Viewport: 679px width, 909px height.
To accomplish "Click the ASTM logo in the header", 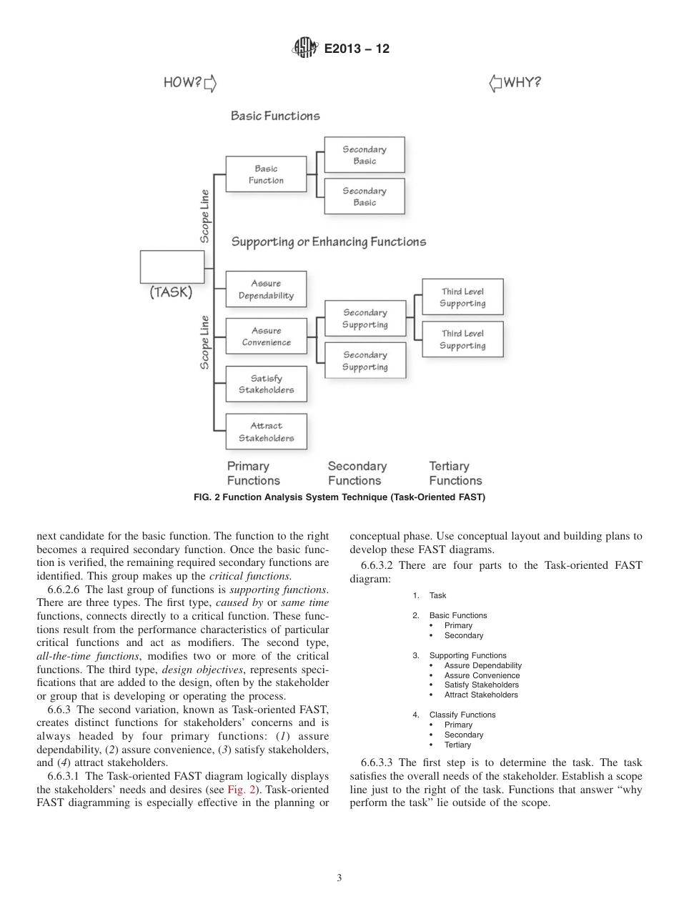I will click(x=305, y=49).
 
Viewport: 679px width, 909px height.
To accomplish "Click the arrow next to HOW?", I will click(x=210, y=84).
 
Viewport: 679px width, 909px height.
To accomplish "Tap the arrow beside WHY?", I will click(x=495, y=84).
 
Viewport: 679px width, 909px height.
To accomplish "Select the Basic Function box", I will click(x=266, y=174).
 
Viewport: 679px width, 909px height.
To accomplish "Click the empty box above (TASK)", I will click(x=172, y=267).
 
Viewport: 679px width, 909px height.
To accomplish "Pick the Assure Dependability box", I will click(x=266, y=289).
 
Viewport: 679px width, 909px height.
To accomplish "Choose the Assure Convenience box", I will click(x=266, y=337).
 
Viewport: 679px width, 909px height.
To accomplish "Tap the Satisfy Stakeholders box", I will click(x=266, y=384).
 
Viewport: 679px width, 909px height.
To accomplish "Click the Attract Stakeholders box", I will click(x=266, y=432).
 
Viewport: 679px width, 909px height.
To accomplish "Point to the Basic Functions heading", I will click(x=275, y=116).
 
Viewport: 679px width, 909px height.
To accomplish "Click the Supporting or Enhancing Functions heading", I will click(x=328, y=242).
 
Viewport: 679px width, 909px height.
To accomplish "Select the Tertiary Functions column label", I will click(x=455, y=473).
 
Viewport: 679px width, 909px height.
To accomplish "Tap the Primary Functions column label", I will click(x=253, y=473).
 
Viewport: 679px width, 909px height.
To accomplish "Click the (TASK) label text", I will click(x=171, y=292).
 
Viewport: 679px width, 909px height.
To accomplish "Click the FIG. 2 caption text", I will click(x=339, y=497).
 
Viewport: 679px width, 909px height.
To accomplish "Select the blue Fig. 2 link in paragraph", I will click(x=239, y=790).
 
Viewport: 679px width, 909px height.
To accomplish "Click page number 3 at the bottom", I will click(x=339, y=878).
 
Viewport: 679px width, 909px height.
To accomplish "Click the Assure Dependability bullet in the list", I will click(x=482, y=665).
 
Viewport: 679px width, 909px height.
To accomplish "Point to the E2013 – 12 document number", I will click(x=357, y=49).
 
